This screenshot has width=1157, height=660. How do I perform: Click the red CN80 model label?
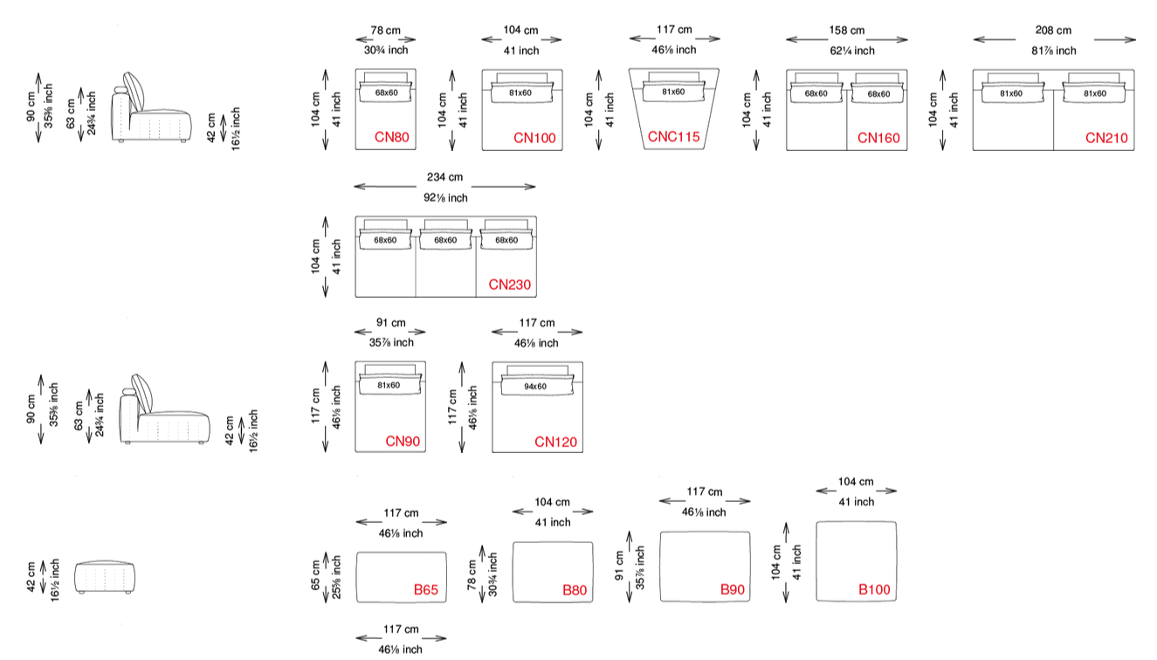coord(391,137)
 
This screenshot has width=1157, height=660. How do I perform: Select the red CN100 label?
coord(534,138)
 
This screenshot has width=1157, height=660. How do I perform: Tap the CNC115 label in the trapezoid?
coord(673,136)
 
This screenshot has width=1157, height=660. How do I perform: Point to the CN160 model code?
coord(878,138)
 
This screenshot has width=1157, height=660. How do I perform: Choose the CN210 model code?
coord(1106,138)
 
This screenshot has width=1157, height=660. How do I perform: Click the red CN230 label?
coord(510,285)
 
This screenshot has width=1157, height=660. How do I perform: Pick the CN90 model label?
coord(403,441)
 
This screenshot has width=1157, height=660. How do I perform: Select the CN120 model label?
coord(555,442)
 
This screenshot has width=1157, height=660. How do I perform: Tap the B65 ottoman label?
coord(426,590)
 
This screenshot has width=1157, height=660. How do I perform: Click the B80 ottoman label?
coord(575,590)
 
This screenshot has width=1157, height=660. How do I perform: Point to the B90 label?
coord(733,590)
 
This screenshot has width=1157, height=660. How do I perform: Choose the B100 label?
coord(874,589)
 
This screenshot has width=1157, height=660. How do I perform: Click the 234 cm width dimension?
coord(444,177)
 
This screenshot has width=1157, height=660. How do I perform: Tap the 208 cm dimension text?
coord(1053,31)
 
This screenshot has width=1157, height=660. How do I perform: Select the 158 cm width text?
coord(846,31)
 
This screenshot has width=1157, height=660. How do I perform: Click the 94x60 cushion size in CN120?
coord(535,386)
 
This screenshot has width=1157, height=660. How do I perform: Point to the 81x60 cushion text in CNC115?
coord(673,92)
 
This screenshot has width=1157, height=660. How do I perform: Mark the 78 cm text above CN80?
coord(385,31)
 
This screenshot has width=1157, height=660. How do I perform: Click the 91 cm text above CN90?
coord(391,323)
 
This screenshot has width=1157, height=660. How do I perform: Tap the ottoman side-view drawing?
coord(105,577)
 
